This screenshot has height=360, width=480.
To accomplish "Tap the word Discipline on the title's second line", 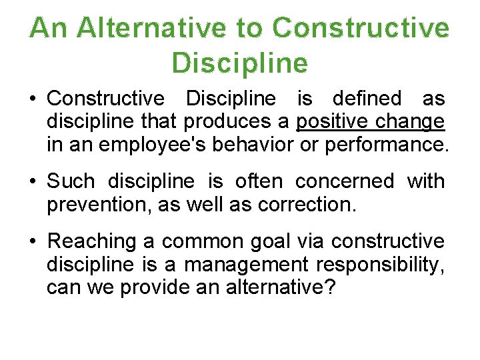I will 240,63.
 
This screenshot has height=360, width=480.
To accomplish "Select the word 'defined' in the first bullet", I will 366,99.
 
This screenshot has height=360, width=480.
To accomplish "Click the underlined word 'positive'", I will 332,121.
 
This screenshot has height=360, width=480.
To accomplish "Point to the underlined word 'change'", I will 409,121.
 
